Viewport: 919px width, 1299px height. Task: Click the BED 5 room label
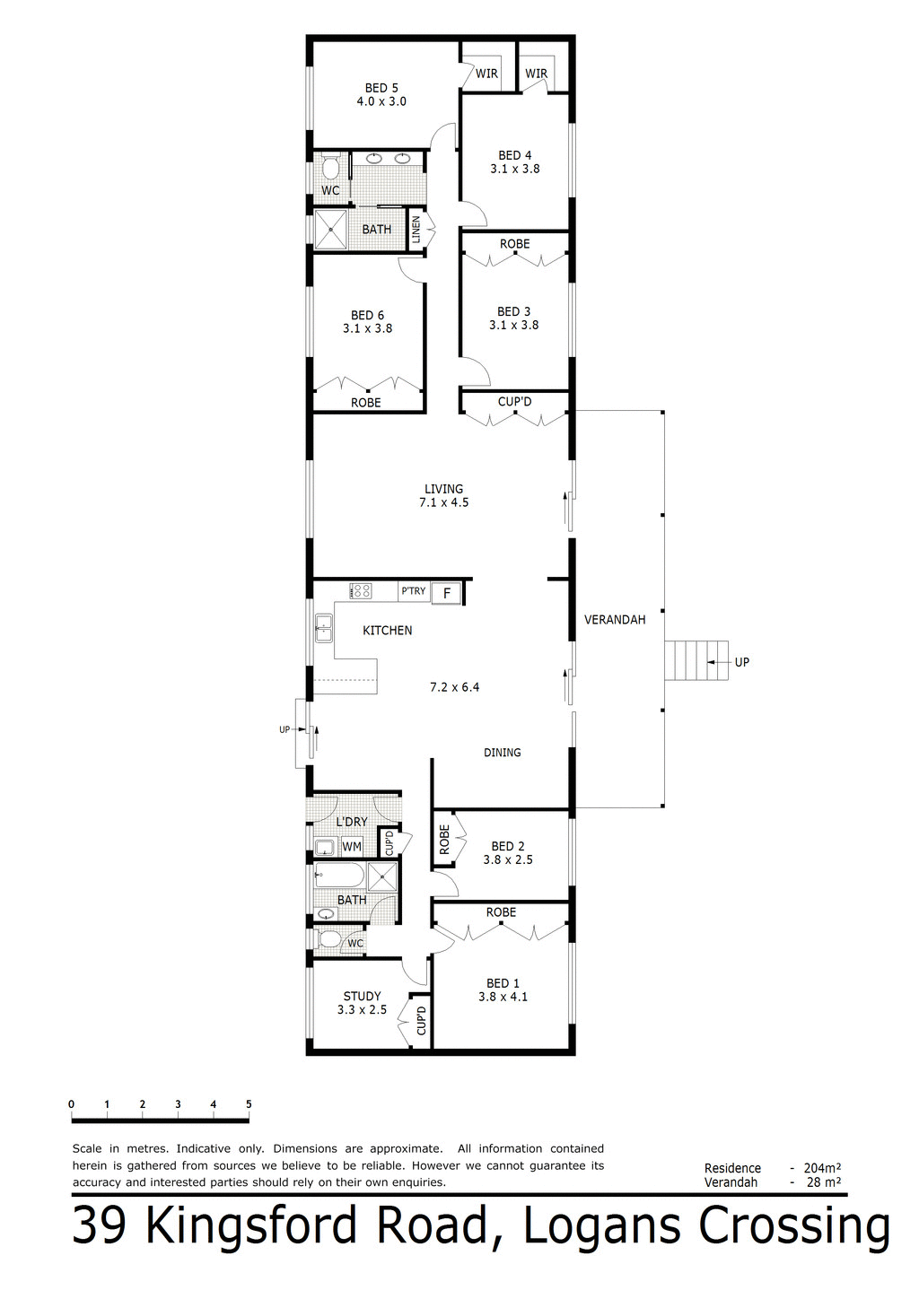pyautogui.click(x=381, y=88)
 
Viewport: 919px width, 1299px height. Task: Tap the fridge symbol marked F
pyautogui.click(x=447, y=593)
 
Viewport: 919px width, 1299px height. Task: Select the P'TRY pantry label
pyautogui.click(x=414, y=591)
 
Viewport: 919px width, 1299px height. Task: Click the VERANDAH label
pyautogui.click(x=615, y=620)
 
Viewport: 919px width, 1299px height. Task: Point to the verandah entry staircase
pyautogui.click(x=696, y=661)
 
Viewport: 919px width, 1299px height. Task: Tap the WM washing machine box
pyautogui.click(x=352, y=847)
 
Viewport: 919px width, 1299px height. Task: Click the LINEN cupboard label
pyautogui.click(x=416, y=230)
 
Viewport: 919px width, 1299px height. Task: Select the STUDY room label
pyautogui.click(x=362, y=996)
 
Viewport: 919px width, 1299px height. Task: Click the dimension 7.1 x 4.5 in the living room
pyautogui.click(x=443, y=502)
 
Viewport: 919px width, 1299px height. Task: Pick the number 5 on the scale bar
pyautogui.click(x=249, y=1104)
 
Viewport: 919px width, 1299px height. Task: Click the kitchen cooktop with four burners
pyautogui.click(x=361, y=590)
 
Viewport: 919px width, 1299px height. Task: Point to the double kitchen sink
pyautogui.click(x=323, y=628)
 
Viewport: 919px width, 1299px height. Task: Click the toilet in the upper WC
pyautogui.click(x=330, y=168)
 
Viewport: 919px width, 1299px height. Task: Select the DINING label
pyautogui.click(x=502, y=753)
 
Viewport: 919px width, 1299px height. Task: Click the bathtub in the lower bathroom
pyautogui.click(x=338, y=876)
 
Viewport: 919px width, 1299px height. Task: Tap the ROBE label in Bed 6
pyautogui.click(x=366, y=403)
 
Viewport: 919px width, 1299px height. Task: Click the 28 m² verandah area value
pyautogui.click(x=822, y=1182)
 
